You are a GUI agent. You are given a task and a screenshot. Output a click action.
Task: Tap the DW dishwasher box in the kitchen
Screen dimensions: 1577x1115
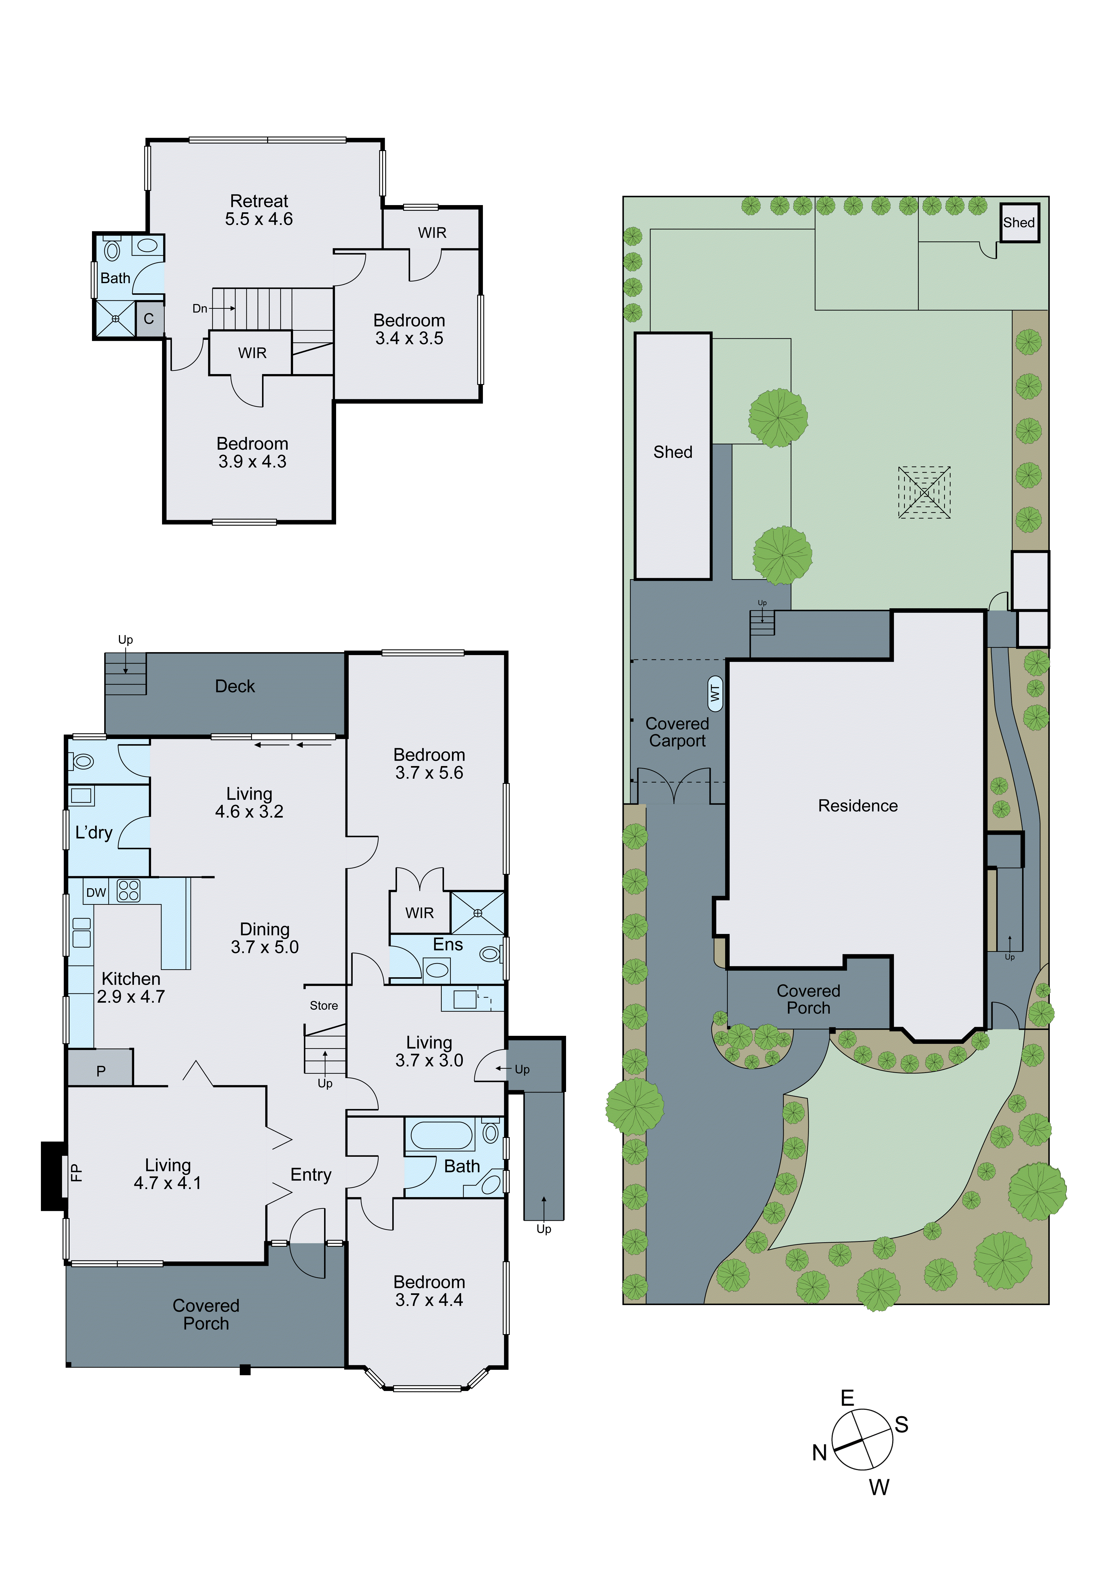(95, 892)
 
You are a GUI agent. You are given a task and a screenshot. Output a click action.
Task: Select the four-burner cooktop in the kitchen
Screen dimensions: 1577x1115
(128, 891)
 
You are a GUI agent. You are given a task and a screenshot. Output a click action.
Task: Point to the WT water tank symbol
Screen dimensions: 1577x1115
(715, 694)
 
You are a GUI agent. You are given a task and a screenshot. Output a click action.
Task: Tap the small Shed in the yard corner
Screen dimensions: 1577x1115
(1019, 222)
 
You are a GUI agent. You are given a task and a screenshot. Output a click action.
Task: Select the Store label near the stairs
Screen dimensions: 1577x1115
(324, 1006)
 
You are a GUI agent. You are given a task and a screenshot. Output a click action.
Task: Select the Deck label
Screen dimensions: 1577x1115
(235, 686)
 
